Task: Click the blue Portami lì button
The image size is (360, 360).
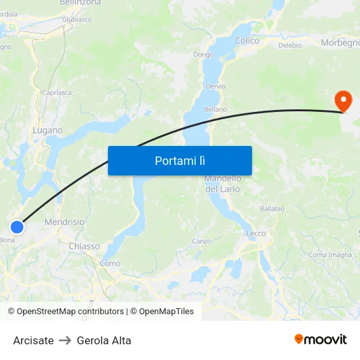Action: coord(180,160)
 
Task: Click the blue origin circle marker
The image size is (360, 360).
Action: coord(17,227)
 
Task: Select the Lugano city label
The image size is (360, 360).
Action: coord(48,130)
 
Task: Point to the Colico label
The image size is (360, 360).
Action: coord(247,41)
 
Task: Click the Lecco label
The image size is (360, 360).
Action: coord(256,234)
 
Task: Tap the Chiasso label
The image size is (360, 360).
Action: coord(84,246)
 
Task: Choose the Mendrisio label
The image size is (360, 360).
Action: coord(64,223)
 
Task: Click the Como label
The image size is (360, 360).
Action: coord(110,263)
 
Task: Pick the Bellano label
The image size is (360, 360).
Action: coord(215,109)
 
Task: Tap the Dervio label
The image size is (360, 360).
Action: coord(215,86)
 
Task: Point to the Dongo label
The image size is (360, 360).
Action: coord(203,55)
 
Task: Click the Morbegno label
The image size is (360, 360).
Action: coord(340,43)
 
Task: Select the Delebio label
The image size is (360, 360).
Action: coord(290,45)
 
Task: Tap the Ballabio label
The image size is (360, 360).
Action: coord(272,209)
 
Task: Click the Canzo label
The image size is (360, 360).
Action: coord(201,241)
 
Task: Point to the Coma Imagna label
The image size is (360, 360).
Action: coord(330,255)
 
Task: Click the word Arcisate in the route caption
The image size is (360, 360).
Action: coord(33,340)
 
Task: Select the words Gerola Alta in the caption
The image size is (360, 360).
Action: coord(104,340)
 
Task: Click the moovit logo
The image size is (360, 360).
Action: coord(321,339)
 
